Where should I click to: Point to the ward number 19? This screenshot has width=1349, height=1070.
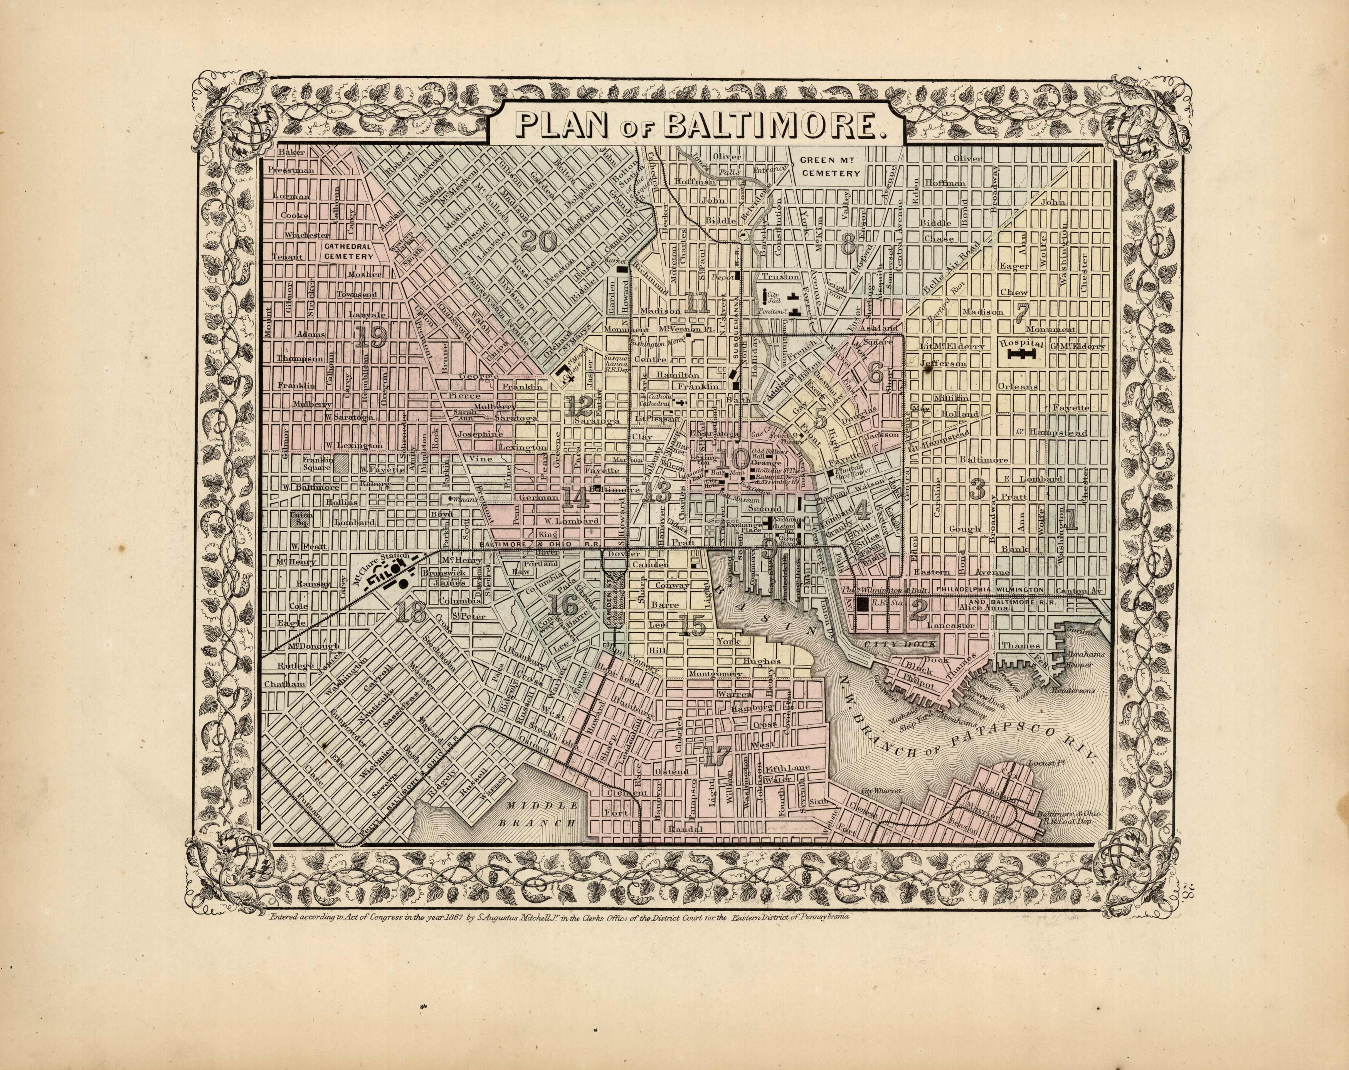[370, 338]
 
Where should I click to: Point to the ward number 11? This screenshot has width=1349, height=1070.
[696, 303]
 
